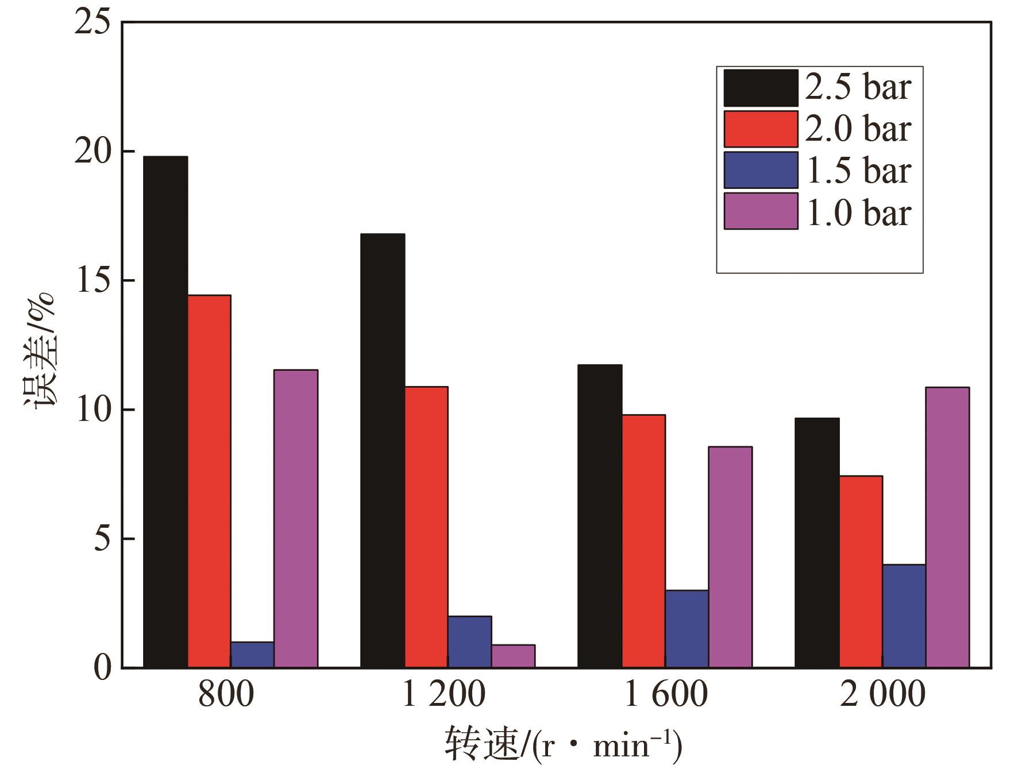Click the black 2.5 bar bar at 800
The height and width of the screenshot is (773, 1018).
165,412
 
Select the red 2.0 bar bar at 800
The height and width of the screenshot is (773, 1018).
209,481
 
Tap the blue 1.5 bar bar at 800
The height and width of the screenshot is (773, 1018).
252,655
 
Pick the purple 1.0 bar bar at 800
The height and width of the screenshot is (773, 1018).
296,519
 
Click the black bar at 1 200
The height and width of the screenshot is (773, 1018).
383,451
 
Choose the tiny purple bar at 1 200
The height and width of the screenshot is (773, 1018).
513,656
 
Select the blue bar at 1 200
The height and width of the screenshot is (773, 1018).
469,641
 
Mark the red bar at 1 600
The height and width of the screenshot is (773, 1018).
643,541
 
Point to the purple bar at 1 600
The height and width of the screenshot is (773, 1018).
730,557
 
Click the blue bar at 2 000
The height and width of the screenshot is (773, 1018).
904,616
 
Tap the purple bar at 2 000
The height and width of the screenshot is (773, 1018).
947,527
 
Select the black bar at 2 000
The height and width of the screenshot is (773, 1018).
817,543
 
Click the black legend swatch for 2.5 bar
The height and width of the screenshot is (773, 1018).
761,88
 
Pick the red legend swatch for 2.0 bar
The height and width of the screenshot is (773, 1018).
761,129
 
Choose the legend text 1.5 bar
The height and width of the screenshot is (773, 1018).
859,171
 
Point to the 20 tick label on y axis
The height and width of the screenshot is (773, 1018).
92,152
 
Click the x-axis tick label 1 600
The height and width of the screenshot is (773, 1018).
665,694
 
